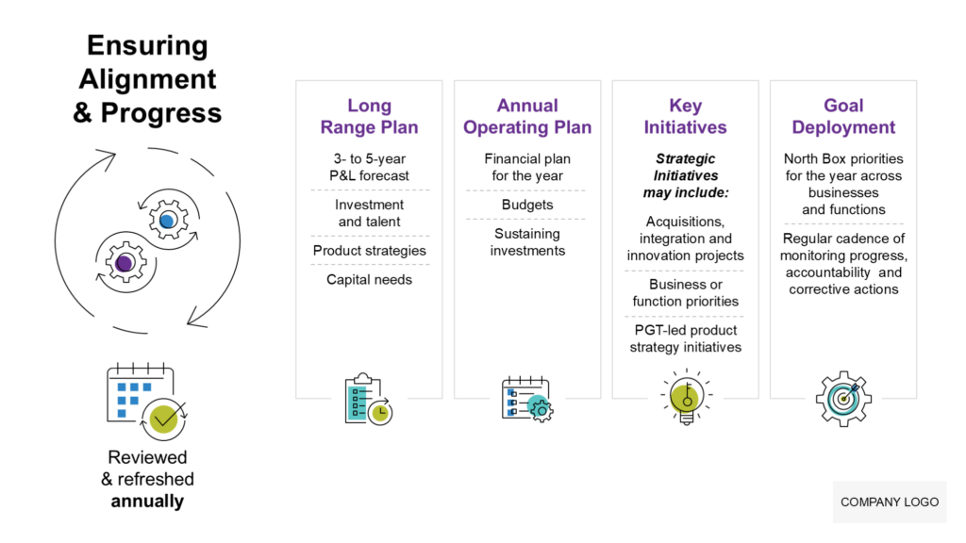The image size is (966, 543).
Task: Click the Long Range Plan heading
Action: tap(369, 116)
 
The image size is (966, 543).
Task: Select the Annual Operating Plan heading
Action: tap(527, 116)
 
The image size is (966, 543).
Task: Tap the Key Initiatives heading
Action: tap(685, 116)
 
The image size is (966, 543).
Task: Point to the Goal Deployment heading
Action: tap(843, 116)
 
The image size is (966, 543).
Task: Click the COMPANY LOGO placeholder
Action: tap(890, 502)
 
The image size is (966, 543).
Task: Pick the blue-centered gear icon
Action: tap(168, 221)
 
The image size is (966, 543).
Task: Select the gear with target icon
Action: tap(843, 398)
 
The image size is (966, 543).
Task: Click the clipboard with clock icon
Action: tap(368, 400)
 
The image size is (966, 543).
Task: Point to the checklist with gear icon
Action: tap(526, 399)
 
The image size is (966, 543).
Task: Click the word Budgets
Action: tap(527, 205)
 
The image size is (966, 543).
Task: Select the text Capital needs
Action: tap(369, 279)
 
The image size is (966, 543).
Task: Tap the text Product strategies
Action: tap(369, 251)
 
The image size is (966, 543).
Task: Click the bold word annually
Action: tap(147, 501)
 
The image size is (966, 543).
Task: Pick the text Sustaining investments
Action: tap(527, 242)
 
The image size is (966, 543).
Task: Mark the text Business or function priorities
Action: tap(685, 292)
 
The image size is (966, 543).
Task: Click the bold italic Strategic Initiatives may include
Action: tap(685, 175)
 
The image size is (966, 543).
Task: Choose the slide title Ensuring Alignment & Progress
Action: tap(147, 79)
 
